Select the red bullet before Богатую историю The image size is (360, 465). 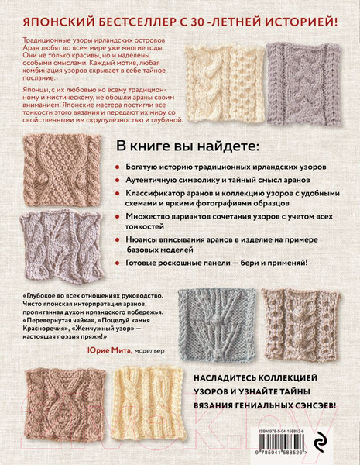click(x=116, y=167)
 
